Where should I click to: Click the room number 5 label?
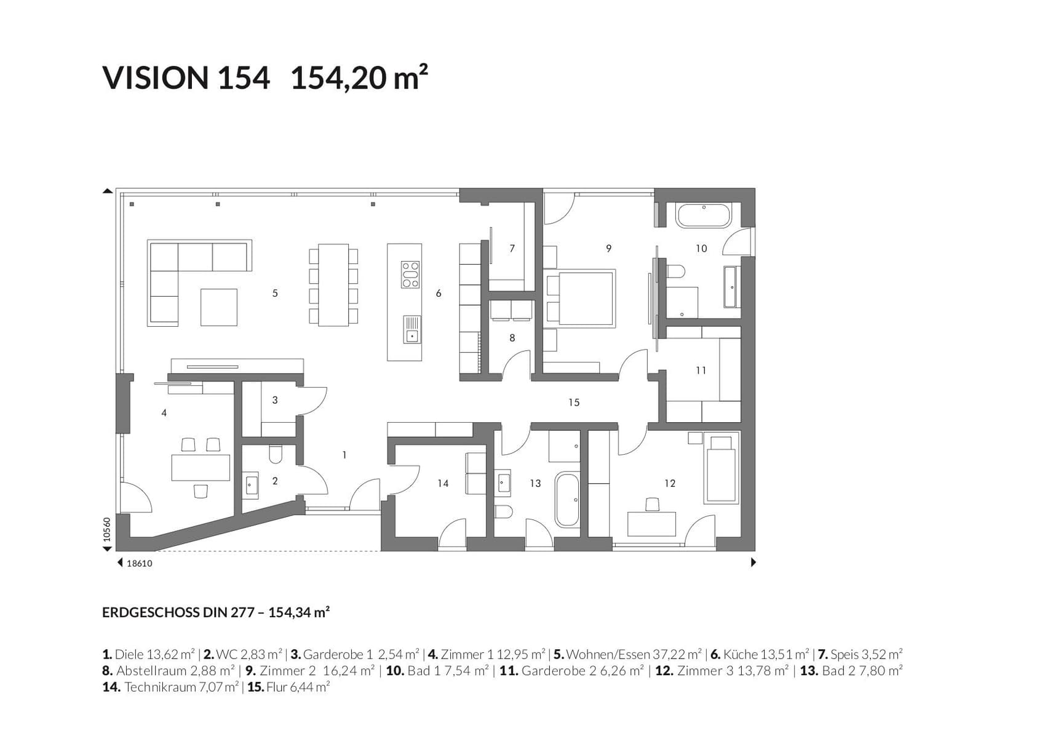(x=275, y=294)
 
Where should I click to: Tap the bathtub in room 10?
(x=703, y=216)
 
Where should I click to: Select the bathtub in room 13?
(x=567, y=500)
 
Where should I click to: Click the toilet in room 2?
(x=276, y=454)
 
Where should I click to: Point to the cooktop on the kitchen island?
(x=410, y=274)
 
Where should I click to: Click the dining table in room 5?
(x=333, y=285)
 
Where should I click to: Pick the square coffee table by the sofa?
(x=218, y=307)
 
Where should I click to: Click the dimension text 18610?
(x=139, y=563)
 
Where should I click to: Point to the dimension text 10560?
(x=107, y=529)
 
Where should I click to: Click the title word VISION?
(x=156, y=78)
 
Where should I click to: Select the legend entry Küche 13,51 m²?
(x=759, y=655)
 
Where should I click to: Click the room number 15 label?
(x=573, y=403)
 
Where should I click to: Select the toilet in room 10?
(x=675, y=271)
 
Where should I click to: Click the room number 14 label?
(x=443, y=484)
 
